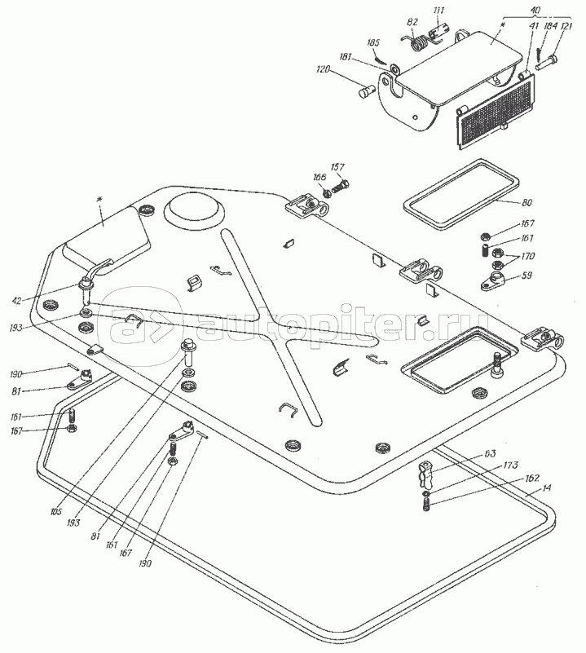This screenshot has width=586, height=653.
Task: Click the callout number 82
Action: pos(412,22)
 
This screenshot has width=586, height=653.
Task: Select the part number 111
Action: pos(439,11)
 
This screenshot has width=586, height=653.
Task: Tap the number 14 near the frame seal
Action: pos(546,489)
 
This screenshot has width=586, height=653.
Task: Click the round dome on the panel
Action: pos(194,210)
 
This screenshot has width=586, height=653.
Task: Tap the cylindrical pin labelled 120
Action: pos(367,91)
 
